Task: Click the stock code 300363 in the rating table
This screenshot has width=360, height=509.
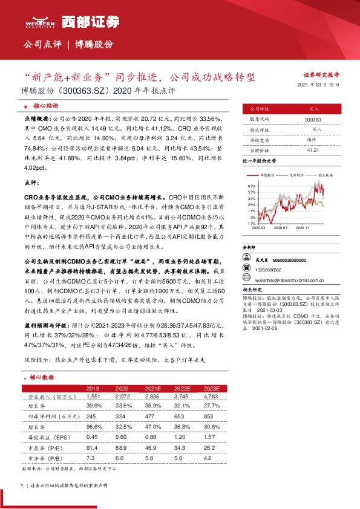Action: coord(313,120)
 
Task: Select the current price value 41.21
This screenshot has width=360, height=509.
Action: coord(313,149)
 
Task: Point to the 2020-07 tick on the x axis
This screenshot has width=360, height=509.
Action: coord(280,229)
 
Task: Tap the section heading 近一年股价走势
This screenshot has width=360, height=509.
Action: coord(259,161)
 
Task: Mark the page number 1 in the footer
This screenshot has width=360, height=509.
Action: coord(22,485)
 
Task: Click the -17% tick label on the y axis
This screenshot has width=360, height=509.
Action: coord(251,222)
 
